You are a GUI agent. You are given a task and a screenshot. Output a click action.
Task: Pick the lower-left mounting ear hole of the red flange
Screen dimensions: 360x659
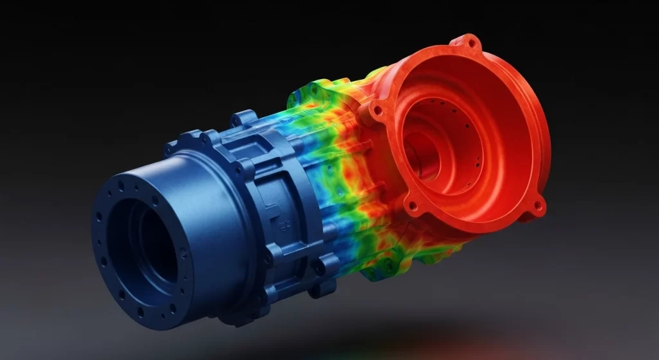(412, 207)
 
